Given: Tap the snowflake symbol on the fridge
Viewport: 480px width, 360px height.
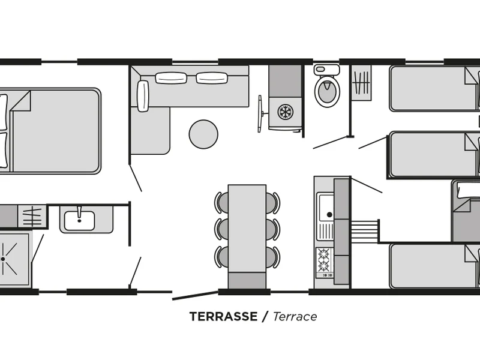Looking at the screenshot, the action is point(286,112).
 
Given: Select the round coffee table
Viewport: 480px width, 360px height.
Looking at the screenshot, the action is point(203,134).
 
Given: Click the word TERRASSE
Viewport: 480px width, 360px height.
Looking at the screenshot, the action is point(223,317).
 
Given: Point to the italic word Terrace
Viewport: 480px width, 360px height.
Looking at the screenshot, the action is point(295,317).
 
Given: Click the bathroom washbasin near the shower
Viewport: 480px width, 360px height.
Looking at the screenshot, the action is point(79,220).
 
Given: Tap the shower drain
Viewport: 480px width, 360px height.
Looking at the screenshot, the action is point(3,259).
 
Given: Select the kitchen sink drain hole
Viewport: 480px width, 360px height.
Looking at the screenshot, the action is point(329,215).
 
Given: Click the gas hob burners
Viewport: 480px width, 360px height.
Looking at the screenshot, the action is point(323,260).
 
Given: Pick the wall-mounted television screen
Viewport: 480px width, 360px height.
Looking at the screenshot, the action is point(260,113).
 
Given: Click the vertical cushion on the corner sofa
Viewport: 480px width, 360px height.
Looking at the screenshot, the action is point(143,96).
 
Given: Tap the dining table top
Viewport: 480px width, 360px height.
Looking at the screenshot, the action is point(247,229).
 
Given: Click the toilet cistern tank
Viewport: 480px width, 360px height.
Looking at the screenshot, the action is point(326,70).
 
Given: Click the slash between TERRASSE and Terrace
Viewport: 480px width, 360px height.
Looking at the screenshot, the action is point(265,317).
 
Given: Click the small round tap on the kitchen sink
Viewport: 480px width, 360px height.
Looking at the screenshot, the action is point(329,215).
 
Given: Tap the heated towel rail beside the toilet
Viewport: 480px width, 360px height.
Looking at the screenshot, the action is point(361,83).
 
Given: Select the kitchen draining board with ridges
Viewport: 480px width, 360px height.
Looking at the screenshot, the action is point(325,232).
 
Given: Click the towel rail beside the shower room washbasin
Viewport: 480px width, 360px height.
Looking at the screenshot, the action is point(32,217).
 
